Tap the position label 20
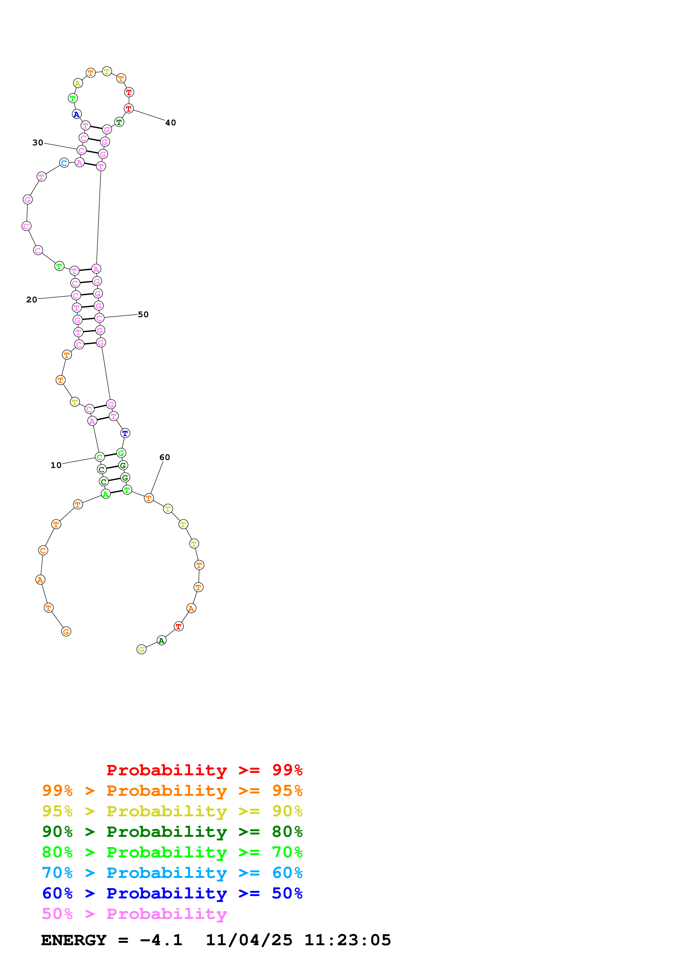[32, 300]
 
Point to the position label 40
[171, 123]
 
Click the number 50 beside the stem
[143, 314]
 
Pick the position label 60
[165, 457]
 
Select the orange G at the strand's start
[66, 632]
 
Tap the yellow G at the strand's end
[141, 649]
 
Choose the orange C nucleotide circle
[43, 550]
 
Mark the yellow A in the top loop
[78, 83]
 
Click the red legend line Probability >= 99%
[204, 770]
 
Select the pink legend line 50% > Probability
[134, 914]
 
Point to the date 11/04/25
[249, 940]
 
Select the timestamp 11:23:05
[348, 940]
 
